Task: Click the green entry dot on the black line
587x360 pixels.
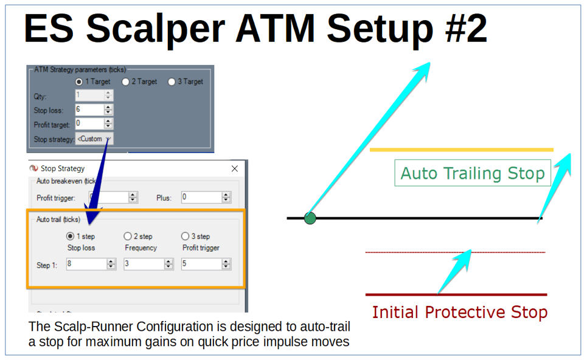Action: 310,218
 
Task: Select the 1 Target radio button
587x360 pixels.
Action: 78,81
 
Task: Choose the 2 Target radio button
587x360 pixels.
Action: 125,81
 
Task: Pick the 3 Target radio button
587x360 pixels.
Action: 172,81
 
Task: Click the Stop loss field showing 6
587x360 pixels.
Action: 89,110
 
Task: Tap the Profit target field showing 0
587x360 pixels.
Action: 89,124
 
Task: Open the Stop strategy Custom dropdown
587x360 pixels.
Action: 94,139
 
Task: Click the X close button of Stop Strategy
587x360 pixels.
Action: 235,168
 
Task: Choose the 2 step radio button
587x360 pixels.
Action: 127,236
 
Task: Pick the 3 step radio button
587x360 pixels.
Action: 185,236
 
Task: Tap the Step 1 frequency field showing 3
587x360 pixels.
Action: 144,264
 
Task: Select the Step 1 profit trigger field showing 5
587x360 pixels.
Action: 201,264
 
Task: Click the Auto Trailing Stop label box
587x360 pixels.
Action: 472,173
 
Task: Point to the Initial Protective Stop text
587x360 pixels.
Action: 459,313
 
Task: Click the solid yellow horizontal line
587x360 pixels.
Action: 461,149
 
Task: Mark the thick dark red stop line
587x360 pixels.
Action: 456,295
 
